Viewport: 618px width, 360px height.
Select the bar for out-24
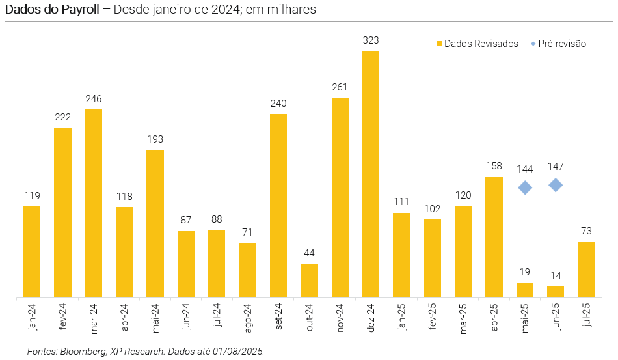pyautogui.click(x=309, y=281)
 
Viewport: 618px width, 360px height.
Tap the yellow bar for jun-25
pyautogui.click(x=556, y=292)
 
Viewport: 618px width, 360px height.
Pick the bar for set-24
pyautogui.click(x=278, y=206)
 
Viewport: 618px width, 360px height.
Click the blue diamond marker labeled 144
pyautogui.click(x=525, y=187)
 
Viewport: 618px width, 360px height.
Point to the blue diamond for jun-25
pyautogui.click(x=556, y=186)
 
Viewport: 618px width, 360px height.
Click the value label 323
pyautogui.click(x=371, y=40)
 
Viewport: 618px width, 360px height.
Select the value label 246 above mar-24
pyautogui.click(x=94, y=99)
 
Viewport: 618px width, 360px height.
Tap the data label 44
pyautogui.click(x=309, y=253)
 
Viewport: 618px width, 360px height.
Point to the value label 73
pyautogui.click(x=586, y=231)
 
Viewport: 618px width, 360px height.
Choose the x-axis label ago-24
pyautogui.click(x=248, y=318)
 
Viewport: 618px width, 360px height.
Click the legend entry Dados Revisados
pyautogui.click(x=481, y=44)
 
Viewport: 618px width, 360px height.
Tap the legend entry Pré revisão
pyautogui.click(x=562, y=44)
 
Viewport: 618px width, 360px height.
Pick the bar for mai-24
pyautogui.click(x=155, y=224)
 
